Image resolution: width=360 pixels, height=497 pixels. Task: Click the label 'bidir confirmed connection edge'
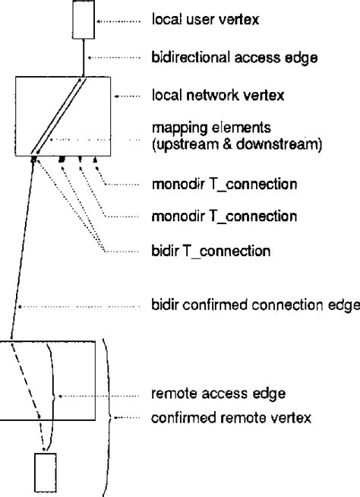254,306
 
